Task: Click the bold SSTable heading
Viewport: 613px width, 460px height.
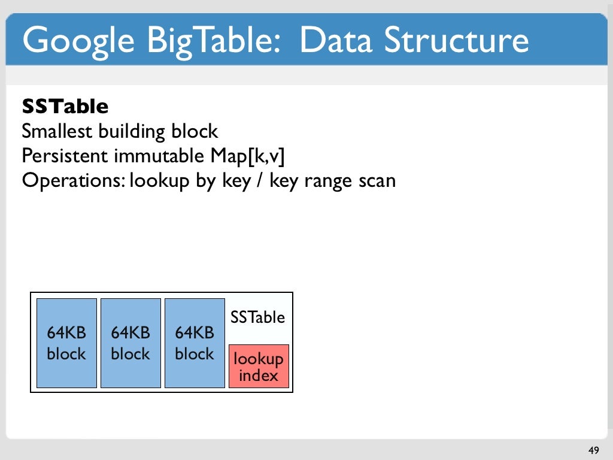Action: (65, 107)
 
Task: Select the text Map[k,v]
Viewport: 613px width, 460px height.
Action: (246, 156)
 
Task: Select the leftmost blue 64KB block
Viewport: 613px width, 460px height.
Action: (66, 343)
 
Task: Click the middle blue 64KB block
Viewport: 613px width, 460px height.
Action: (131, 343)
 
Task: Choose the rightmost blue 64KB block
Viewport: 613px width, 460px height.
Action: (195, 343)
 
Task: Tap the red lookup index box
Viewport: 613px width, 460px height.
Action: (259, 367)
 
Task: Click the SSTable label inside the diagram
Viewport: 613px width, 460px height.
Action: (258, 317)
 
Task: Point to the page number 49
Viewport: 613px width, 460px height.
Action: (593, 450)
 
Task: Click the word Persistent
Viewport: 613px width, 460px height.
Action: (65, 156)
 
